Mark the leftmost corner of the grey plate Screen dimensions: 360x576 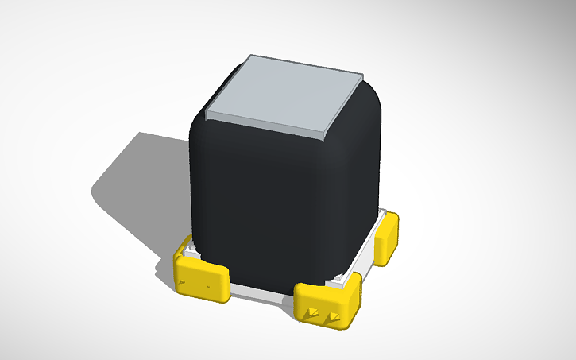[x=207, y=114]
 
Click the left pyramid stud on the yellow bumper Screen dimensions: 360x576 [x=313, y=312]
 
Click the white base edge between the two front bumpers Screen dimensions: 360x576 [x=262, y=295]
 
